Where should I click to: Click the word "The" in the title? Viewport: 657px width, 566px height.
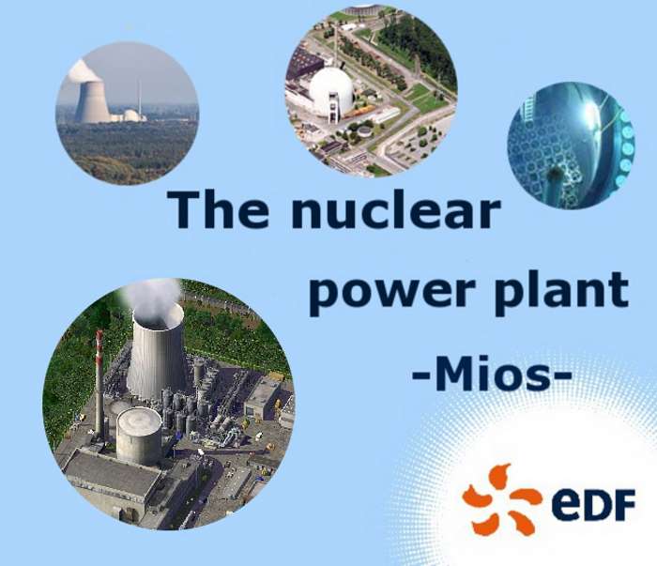(x=218, y=209)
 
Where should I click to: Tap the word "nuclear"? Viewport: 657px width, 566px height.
(x=396, y=209)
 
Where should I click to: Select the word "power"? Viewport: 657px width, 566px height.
(x=391, y=292)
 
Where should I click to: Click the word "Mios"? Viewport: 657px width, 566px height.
(x=492, y=373)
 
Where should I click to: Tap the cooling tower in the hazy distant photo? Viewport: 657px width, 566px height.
(x=93, y=101)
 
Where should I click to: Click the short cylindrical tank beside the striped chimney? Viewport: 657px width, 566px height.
(x=139, y=436)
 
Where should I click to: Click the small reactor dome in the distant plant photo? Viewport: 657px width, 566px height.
(x=130, y=115)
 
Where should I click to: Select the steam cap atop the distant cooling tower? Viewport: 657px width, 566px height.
(x=84, y=71)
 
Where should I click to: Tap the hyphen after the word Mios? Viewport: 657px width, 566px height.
(x=560, y=374)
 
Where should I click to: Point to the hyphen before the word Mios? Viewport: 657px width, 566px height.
(x=422, y=374)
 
